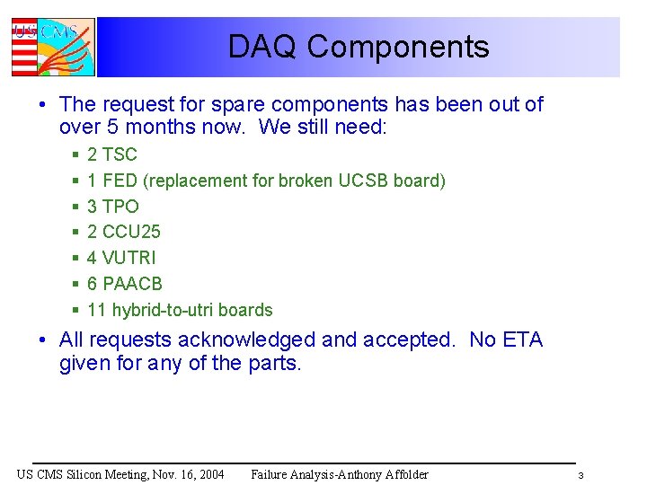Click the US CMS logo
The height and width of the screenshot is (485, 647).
pyautogui.click(x=52, y=47)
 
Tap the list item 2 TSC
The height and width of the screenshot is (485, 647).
pyautogui.click(x=112, y=154)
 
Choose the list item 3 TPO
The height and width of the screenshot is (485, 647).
pyautogui.click(x=113, y=207)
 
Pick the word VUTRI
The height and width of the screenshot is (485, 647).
pyautogui.click(x=129, y=258)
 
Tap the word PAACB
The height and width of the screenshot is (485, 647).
pyautogui.click(x=132, y=284)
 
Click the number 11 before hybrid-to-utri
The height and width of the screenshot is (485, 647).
pyautogui.click(x=97, y=310)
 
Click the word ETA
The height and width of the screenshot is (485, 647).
pyautogui.click(x=522, y=340)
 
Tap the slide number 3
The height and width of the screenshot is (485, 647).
pyautogui.click(x=581, y=475)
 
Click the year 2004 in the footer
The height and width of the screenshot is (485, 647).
pyautogui.click(x=208, y=474)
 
